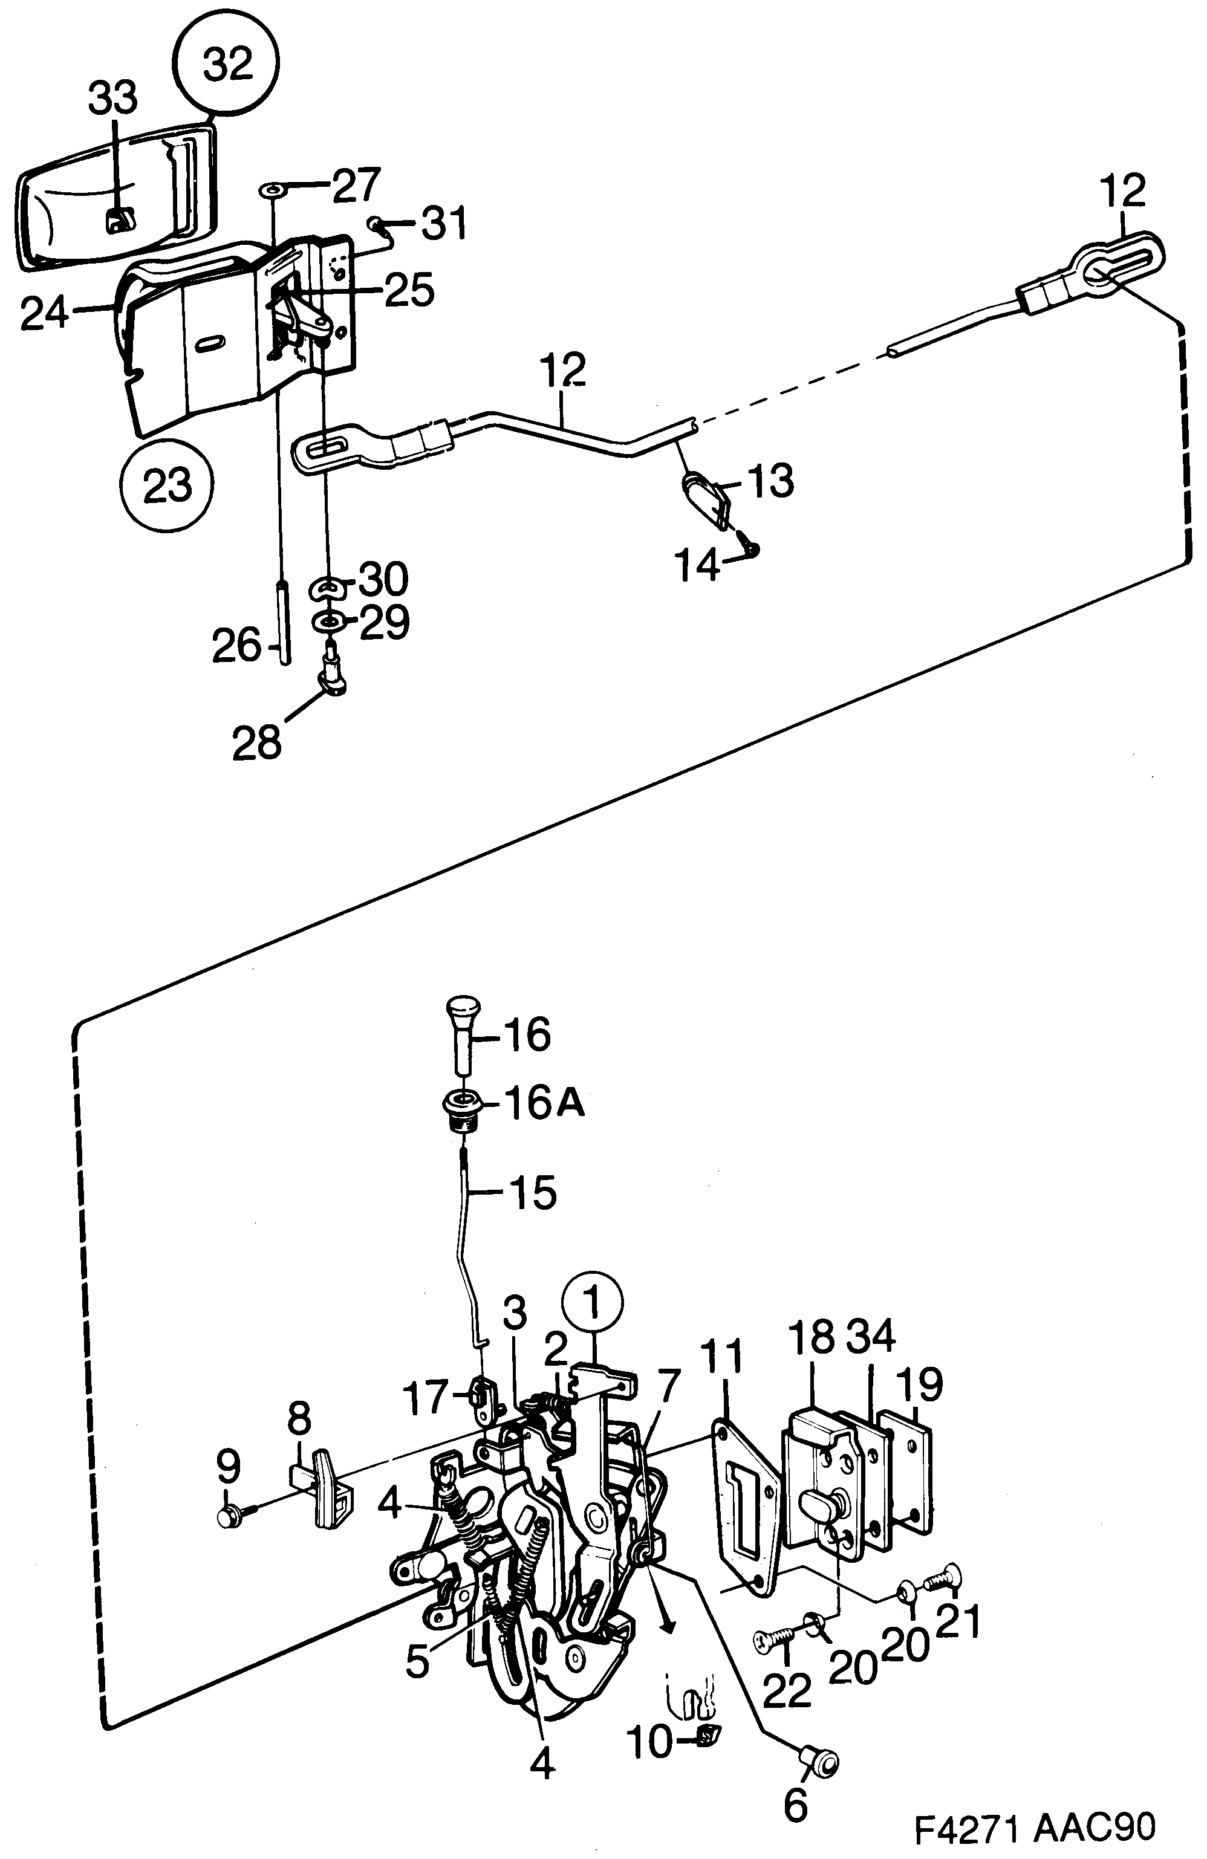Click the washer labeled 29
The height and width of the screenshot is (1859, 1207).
327,621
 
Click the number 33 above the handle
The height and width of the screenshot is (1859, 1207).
112,99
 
